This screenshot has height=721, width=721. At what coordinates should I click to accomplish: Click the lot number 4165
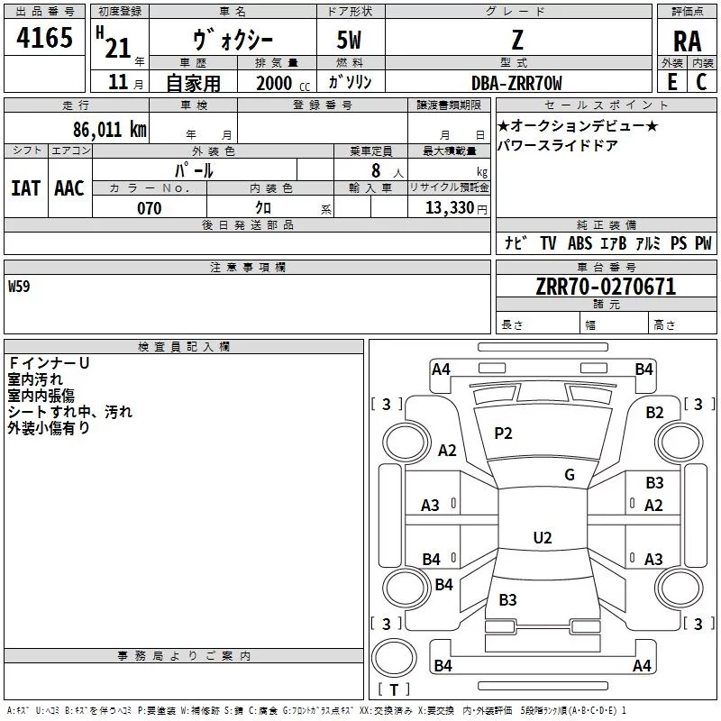tap(44, 38)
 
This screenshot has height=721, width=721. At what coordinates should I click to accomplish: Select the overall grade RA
tap(688, 41)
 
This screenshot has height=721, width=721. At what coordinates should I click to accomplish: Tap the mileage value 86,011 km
tap(110, 130)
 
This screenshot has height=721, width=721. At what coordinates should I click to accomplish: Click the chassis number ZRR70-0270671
tap(606, 287)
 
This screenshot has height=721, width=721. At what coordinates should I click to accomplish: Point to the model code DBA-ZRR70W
tap(516, 83)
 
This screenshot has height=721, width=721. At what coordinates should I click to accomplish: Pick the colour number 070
tap(150, 208)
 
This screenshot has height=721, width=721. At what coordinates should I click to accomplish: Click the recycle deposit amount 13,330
tap(450, 208)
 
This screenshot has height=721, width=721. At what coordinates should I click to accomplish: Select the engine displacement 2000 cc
tap(283, 83)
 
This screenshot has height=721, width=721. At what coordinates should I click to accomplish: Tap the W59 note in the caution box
tap(19, 287)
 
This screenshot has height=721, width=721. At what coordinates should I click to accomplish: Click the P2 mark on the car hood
tap(503, 434)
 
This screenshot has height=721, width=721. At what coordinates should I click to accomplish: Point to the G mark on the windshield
tap(570, 474)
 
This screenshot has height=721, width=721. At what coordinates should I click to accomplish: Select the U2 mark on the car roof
tap(543, 537)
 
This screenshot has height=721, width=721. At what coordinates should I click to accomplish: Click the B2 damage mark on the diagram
tap(655, 413)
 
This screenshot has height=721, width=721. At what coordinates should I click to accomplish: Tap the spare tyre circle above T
tap(394, 658)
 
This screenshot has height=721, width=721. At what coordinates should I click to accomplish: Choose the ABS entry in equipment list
tap(580, 243)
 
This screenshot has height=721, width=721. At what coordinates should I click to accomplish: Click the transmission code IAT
tap(25, 188)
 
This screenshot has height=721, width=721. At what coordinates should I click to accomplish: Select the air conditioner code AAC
tap(69, 188)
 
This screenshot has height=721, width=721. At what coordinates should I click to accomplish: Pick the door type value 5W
tap(349, 40)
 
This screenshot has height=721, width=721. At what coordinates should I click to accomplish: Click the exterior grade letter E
tap(672, 82)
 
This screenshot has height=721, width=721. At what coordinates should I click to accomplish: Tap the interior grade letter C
tap(701, 82)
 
